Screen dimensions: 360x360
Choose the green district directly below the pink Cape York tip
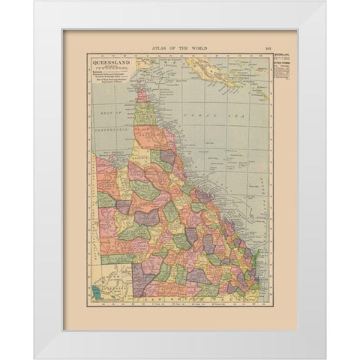point(143,112)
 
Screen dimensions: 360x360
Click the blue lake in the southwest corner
point(96,288)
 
